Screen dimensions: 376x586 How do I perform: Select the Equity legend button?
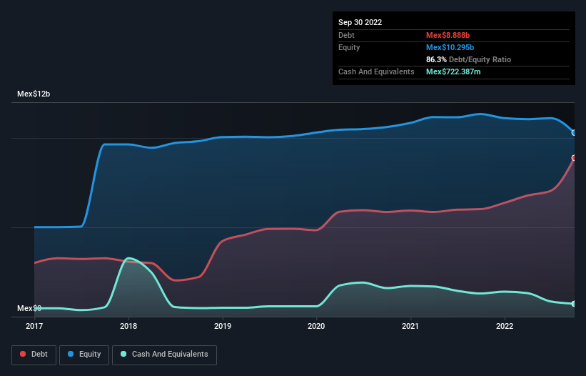tap(84, 354)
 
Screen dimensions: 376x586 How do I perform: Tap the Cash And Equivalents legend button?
tap(164, 354)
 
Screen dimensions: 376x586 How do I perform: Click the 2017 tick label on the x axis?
tap(34, 327)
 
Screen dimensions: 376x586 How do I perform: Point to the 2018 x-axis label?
tap(128, 327)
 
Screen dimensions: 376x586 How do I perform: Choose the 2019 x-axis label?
tap(223, 327)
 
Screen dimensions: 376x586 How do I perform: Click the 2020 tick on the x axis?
tap(316, 327)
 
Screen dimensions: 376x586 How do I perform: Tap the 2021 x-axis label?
tap(410, 327)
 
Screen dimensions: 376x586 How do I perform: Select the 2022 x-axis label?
tap(505, 327)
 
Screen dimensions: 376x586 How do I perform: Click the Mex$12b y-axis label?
tap(34, 94)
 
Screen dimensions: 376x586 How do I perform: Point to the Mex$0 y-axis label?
tap(29, 308)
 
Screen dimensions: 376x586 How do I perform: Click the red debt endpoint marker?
tap(574, 158)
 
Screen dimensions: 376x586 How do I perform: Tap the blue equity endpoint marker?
tap(574, 132)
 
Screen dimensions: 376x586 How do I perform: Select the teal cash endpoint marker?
tap(574, 304)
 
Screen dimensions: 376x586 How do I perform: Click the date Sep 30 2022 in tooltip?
tap(360, 22)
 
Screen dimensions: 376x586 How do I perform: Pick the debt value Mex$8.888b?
tap(448, 35)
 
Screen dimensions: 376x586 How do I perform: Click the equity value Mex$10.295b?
tap(450, 47)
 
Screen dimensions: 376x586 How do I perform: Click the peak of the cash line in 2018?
tap(128, 258)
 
